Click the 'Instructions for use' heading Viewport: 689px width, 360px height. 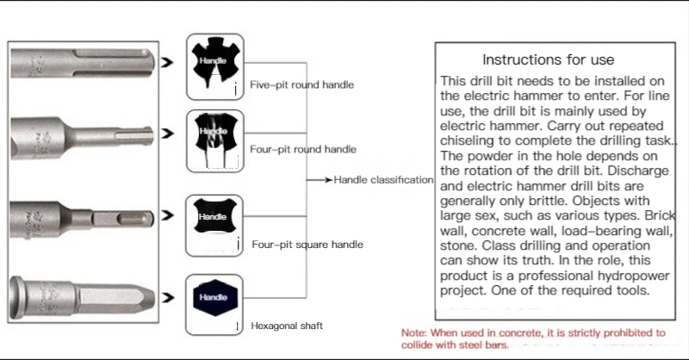tap(548, 59)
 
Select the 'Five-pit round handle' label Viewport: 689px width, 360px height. tap(301, 85)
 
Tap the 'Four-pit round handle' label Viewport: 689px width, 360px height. tap(302, 149)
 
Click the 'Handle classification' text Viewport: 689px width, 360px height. tap(383, 180)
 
